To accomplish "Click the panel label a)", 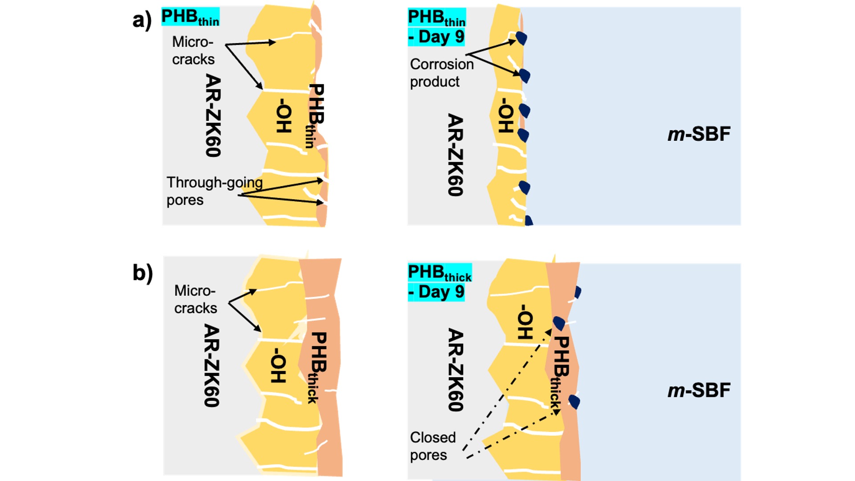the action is (142, 21).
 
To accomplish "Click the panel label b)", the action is (142, 273).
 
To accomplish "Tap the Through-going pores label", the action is (215, 191).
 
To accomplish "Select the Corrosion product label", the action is (442, 73).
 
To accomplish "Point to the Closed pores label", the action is (433, 446).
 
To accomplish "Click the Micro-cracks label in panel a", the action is (193, 50).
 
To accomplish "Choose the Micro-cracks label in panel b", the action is (195, 299).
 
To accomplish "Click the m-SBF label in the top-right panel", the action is (699, 134).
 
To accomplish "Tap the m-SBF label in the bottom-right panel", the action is (699, 391).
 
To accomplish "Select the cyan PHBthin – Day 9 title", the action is (437, 27).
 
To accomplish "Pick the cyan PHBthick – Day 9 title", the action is (440, 282).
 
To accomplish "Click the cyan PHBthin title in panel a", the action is (190, 17).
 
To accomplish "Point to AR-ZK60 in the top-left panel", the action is (213, 115).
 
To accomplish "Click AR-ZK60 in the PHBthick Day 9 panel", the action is (456, 370).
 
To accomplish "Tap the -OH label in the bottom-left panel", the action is (278, 366).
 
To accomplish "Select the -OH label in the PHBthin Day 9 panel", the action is (505, 116).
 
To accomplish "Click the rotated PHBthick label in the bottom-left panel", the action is (318, 368).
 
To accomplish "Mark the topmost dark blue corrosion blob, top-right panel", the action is (521, 38).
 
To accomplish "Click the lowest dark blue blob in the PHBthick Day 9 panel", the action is (574, 402).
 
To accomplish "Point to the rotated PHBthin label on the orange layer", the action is (315, 116).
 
